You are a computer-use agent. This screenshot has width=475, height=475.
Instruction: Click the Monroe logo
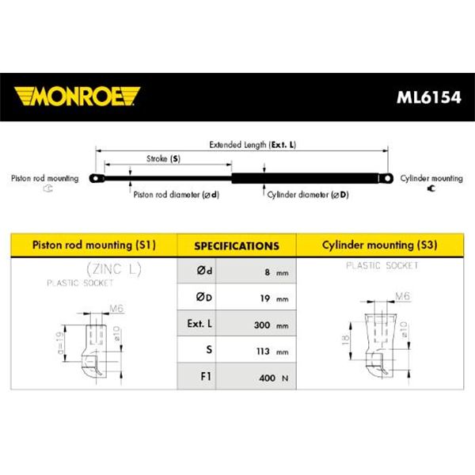coord(77,97)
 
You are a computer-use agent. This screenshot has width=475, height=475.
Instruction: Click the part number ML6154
coord(428,97)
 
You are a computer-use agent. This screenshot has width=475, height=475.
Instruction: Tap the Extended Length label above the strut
coord(253,145)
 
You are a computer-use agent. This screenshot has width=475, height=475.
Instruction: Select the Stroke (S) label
coord(163,158)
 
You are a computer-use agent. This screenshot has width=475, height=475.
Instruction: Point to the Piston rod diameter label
coord(177,195)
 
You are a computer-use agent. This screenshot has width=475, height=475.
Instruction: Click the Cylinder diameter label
coord(308,195)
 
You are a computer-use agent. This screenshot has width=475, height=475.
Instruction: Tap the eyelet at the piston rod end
coord(97,178)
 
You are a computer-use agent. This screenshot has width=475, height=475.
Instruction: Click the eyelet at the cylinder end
coord(386,178)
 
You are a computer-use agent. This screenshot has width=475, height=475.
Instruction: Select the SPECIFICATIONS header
coord(237,245)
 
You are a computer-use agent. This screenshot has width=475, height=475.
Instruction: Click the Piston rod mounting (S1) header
coord(94,245)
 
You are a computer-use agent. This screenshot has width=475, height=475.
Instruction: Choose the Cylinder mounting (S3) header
coord(379,245)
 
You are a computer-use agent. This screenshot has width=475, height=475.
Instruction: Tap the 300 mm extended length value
coord(271,325)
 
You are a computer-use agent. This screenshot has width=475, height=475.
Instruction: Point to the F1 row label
coord(206,376)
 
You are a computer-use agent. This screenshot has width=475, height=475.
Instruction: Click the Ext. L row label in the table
coord(199,324)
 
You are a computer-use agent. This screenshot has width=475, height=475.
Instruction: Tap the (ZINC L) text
coord(114,269)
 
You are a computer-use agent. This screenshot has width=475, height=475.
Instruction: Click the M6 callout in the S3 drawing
coord(403,296)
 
